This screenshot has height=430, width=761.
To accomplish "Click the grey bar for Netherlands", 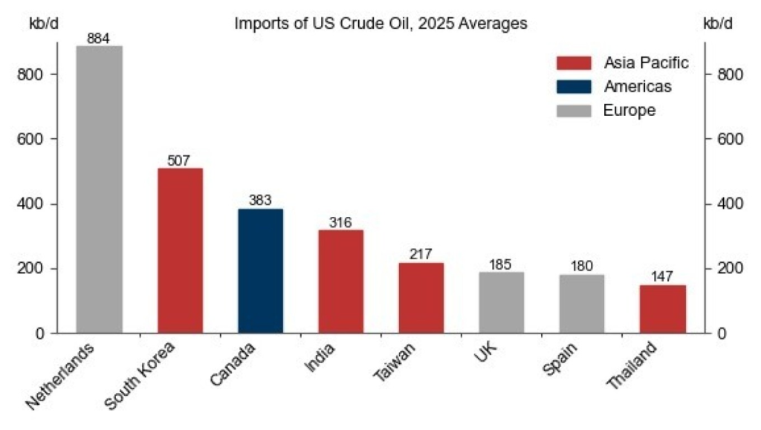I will tap(99, 189).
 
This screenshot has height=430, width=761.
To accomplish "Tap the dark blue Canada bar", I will tap(260, 270).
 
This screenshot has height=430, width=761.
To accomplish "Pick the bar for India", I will tap(340, 281).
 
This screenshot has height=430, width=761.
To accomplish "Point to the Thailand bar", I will tap(662, 308).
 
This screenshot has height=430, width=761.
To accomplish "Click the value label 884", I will tap(99, 39).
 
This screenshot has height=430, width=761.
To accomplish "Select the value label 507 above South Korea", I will tap(179, 160).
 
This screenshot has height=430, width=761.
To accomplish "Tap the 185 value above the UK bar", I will tap(501, 264).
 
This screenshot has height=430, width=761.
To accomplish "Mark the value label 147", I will tap(662, 277).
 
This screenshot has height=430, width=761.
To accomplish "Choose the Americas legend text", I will tap(638, 87).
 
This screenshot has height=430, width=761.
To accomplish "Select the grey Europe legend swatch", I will tap(572, 111).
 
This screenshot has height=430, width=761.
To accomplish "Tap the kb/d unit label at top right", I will tap(717, 23).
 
